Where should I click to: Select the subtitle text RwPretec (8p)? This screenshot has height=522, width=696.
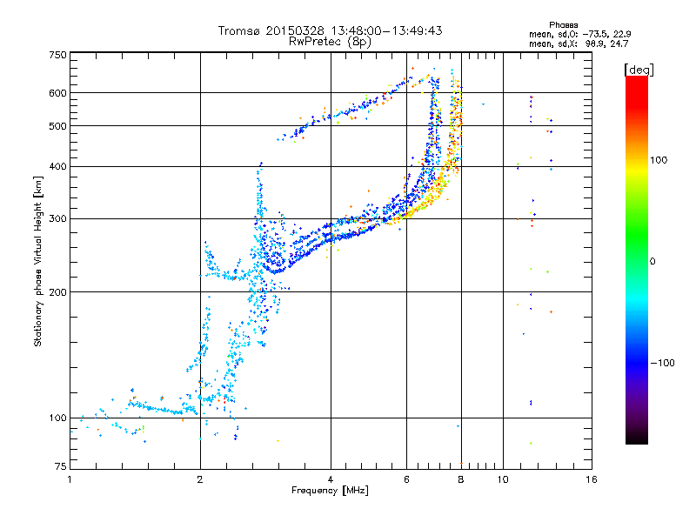[330, 42]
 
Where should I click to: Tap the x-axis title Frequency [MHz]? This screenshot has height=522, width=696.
[330, 491]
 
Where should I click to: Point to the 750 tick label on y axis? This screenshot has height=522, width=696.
[57, 55]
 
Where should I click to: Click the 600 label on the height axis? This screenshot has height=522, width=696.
[57, 93]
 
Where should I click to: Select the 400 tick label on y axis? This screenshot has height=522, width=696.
[57, 166]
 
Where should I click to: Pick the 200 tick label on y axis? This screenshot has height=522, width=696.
[57, 292]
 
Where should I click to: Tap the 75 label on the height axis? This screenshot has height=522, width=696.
[61, 466]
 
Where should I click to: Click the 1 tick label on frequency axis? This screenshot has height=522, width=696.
[70, 479]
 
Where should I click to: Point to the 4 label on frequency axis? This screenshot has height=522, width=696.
[331, 479]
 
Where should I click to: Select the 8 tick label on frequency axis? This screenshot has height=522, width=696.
[461, 479]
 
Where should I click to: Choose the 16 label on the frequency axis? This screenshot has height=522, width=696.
[592, 479]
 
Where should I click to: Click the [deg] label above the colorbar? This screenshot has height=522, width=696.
[639, 70]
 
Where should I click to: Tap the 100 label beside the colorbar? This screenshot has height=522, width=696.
[659, 160]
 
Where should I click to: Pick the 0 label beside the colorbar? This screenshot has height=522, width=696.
[652, 262]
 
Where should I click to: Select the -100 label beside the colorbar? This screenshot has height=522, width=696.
[663, 363]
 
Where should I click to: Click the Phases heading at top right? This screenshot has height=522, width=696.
[564, 25]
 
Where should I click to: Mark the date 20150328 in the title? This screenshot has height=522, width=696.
[295, 30]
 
